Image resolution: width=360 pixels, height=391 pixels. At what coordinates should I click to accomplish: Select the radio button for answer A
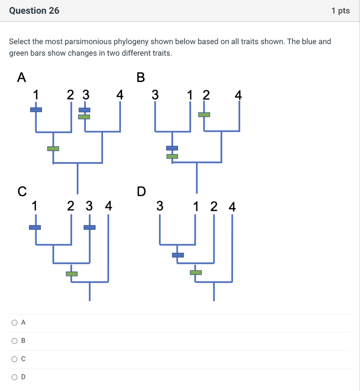[x=14, y=323]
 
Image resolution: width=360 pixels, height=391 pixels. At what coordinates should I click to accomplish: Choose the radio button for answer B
[x=14, y=341]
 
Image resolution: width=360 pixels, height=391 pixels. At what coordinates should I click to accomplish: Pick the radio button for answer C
[x=14, y=359]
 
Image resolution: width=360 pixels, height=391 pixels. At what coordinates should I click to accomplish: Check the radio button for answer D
[x=14, y=377]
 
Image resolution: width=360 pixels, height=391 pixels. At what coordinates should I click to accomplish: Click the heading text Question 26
[x=34, y=11]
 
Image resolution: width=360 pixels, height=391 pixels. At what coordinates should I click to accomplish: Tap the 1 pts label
[x=341, y=11]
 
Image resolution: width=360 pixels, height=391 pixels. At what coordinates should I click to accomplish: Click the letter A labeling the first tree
[x=22, y=78]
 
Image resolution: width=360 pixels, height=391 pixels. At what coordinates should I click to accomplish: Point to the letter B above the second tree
[x=140, y=78]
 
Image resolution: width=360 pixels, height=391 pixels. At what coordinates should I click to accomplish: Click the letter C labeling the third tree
[x=22, y=191]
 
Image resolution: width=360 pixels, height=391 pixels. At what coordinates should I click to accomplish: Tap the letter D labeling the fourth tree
[x=141, y=191]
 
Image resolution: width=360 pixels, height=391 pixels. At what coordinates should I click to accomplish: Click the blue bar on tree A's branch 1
[x=36, y=110]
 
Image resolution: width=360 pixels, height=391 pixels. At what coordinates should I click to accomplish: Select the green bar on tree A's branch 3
[x=84, y=117]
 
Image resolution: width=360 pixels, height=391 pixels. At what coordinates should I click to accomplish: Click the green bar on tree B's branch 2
[x=204, y=115]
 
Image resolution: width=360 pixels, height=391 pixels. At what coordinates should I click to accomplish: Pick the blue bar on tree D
[x=178, y=255]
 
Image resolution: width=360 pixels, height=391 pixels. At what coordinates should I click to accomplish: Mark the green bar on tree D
[x=196, y=272]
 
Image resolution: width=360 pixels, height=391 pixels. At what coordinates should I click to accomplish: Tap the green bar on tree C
[x=72, y=274]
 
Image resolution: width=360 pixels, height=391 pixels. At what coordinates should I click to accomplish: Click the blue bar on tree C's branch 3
[x=90, y=228]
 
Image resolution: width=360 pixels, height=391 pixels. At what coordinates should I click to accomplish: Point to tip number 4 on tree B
[x=238, y=95]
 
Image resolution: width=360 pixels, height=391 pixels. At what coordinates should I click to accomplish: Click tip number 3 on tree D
[x=160, y=207]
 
